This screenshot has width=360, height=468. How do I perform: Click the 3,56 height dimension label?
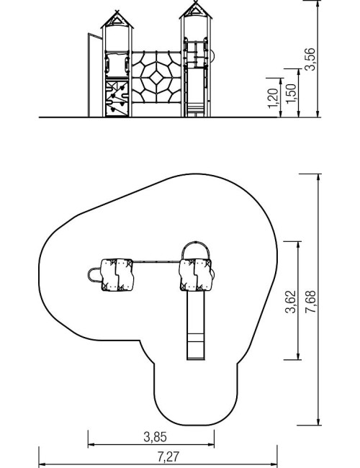[310, 59]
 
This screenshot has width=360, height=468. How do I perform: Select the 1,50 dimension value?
[292, 94]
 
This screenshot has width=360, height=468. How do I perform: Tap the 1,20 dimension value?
[274, 98]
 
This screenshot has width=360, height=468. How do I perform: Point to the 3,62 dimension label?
[291, 302]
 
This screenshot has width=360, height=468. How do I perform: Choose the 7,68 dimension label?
[310, 302]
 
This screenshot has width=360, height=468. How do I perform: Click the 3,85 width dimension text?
[156, 437]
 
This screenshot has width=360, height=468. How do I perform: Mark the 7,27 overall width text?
[168, 456]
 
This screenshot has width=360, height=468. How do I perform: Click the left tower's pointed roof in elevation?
[117, 19]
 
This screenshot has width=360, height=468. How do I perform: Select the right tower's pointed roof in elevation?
[196, 10]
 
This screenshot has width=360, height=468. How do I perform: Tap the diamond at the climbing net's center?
[156, 78]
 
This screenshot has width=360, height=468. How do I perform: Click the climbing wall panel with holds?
[117, 99]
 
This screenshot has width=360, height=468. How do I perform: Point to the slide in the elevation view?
[196, 92]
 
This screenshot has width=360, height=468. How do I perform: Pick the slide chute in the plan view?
[196, 325]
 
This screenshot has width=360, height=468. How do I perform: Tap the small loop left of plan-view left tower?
[89, 275]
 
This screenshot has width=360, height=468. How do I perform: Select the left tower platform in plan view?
[117, 274]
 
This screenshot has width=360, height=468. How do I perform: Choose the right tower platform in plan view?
[196, 275]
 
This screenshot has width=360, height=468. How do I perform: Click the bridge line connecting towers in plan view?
[156, 262]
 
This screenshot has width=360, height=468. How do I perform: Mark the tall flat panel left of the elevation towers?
[95, 75]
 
